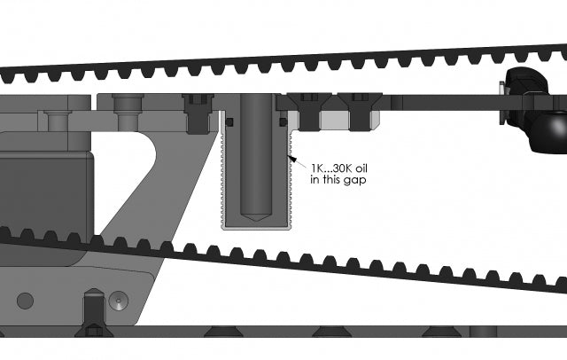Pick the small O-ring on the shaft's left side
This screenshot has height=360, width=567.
tap(229, 121)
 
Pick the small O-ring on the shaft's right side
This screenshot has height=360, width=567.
tap(281, 121)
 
